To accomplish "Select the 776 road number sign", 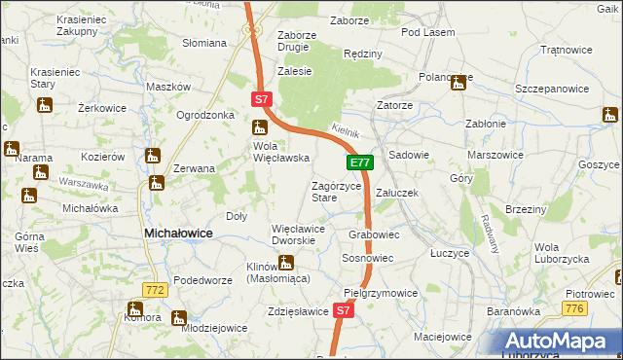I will [x=573, y=307].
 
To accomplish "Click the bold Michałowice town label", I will [x=179, y=234].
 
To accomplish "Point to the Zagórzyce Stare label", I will [x=336, y=192].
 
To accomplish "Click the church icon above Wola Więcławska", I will [x=259, y=126].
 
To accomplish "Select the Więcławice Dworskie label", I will [x=304, y=234].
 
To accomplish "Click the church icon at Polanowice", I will [x=458, y=84].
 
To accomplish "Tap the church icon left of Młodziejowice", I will [x=179, y=317].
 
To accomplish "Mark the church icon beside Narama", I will [x=12, y=150].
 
